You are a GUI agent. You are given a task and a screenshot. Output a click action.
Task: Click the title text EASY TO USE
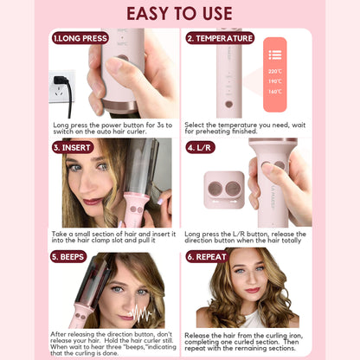pyautogui.click(x=180, y=14)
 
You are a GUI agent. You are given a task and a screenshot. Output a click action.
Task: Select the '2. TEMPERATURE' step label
pyautogui.click(x=220, y=39)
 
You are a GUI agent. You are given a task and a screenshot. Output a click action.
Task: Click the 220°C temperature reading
pyautogui.click(x=274, y=71)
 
